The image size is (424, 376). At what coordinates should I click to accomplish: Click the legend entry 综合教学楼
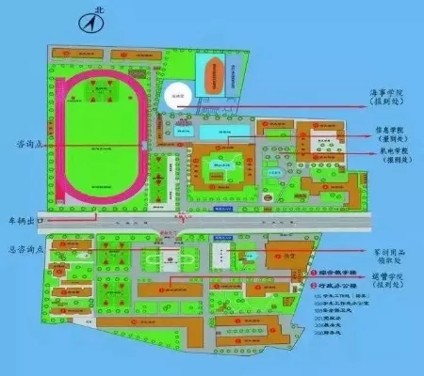pyautogui.click(x=340, y=273)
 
